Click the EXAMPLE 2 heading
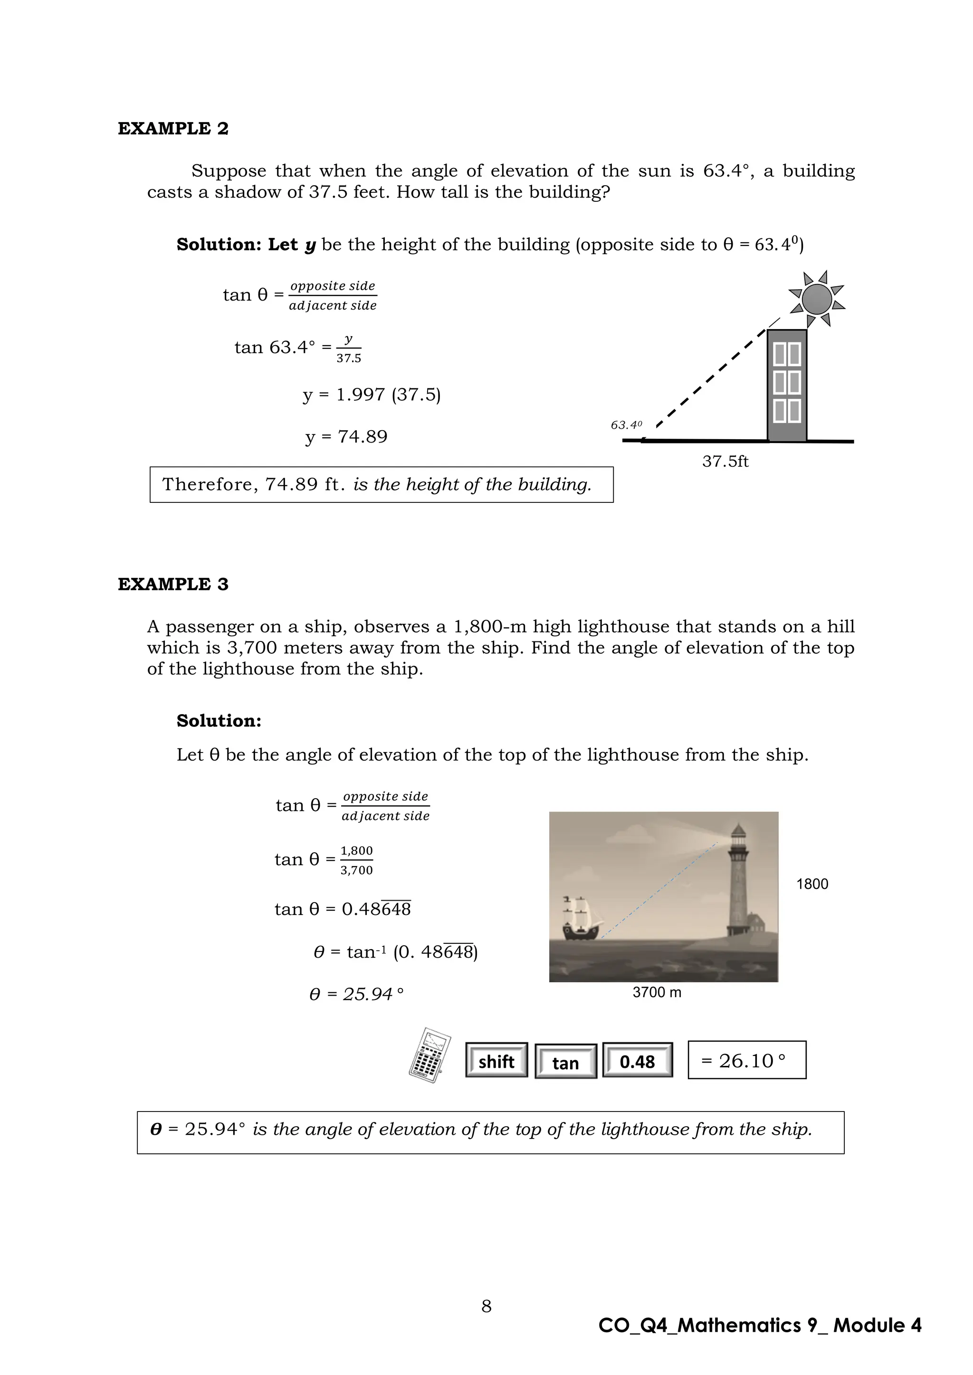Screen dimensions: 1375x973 click(x=172, y=129)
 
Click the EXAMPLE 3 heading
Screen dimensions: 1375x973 click(x=172, y=584)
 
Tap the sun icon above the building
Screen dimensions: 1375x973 click(x=816, y=299)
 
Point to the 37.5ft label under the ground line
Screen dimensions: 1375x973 click(x=725, y=461)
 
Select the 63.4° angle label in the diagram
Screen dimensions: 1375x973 click(x=626, y=425)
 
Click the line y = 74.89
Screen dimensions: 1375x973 click(x=346, y=437)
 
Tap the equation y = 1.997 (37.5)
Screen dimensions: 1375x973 click(x=372, y=395)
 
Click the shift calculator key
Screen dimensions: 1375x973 click(x=496, y=1062)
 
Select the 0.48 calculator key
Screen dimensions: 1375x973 click(x=637, y=1062)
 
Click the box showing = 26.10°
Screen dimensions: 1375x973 click(x=746, y=1061)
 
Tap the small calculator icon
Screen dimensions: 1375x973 click(x=429, y=1056)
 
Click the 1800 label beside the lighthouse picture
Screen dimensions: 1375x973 click(x=812, y=885)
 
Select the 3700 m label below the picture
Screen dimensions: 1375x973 click(x=657, y=993)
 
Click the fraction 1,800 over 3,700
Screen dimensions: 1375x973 click(x=356, y=861)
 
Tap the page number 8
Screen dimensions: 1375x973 click(x=486, y=1307)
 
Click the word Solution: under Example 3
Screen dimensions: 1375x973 click(x=219, y=721)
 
